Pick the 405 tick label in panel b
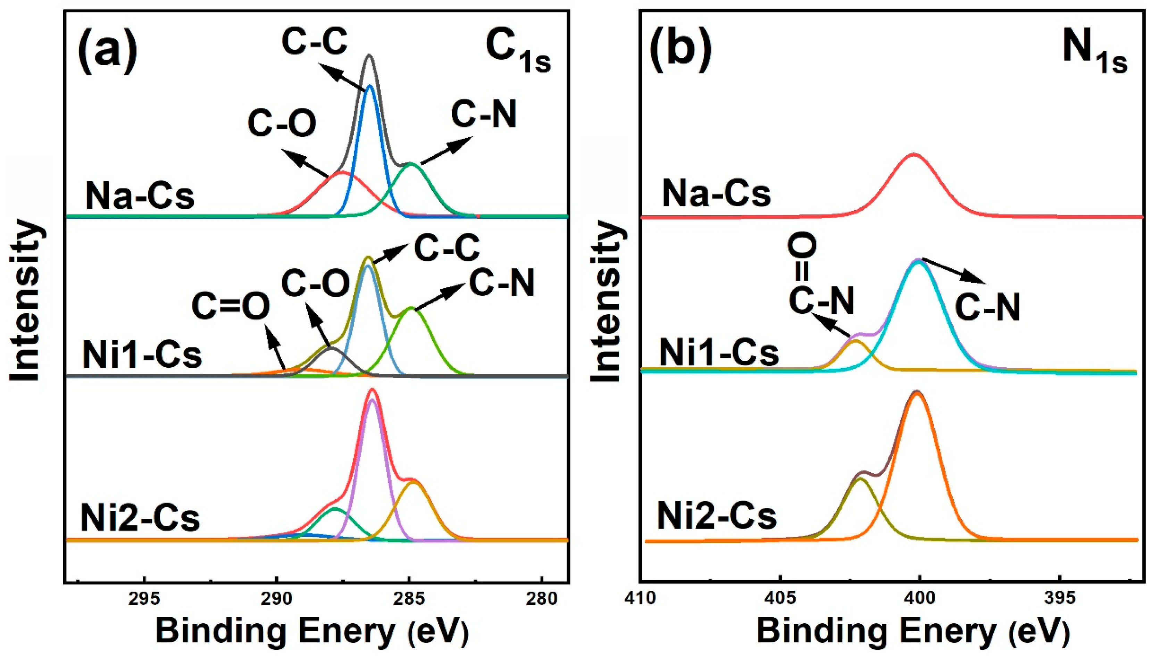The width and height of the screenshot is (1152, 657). coord(780,600)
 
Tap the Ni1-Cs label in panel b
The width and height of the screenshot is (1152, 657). coord(719,353)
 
